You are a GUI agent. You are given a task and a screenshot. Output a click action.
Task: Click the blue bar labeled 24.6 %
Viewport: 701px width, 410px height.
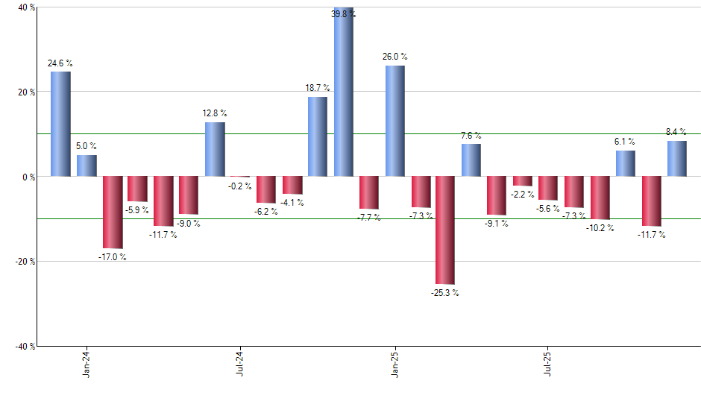coord(60,124)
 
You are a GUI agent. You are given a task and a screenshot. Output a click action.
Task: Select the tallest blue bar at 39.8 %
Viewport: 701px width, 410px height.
coord(344,92)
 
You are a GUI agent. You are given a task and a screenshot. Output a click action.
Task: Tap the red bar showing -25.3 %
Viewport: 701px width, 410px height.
coord(445,230)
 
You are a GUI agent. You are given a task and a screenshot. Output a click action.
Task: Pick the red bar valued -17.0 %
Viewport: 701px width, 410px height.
coord(113,212)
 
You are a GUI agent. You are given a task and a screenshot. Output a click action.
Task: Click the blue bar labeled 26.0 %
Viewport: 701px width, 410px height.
coord(395,121)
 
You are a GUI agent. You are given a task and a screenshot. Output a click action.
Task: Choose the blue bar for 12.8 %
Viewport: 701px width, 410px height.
coord(215,149)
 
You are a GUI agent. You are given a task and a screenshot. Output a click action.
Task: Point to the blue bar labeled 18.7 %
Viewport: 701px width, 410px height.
coord(318,136)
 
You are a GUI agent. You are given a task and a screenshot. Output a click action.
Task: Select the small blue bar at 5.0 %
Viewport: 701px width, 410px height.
coord(87,165)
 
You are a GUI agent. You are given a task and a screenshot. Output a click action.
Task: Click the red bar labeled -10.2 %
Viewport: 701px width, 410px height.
coord(600,198)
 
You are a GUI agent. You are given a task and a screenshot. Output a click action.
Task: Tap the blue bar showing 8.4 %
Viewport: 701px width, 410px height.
coord(677,159)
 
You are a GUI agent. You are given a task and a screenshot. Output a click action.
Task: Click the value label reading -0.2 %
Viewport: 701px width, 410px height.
coord(239,186)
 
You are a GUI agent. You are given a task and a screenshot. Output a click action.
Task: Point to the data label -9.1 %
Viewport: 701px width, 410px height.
coord(497,224)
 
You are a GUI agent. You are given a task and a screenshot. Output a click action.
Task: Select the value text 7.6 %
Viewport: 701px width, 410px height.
coord(471,136)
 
